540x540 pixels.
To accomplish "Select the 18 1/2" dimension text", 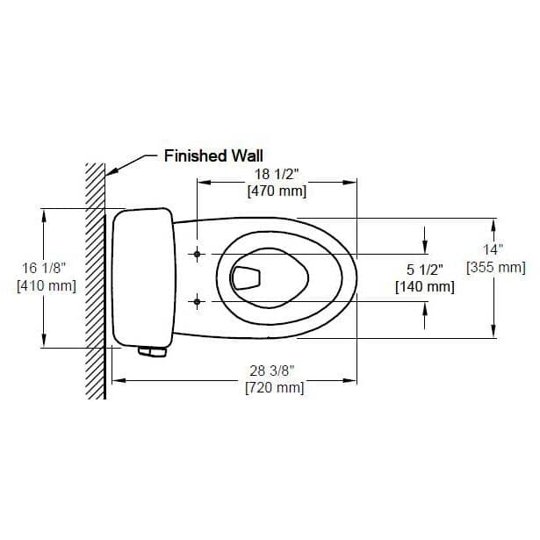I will point(275,175).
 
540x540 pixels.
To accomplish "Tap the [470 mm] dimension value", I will point(275,191).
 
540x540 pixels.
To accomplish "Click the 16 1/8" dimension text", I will point(46,269).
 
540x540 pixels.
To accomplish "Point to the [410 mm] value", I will point(46,285).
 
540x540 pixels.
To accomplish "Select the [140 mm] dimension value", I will point(424,286).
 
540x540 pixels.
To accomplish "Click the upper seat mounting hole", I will point(198,255).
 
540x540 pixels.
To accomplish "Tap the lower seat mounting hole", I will point(198,302).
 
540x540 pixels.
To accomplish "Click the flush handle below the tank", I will point(153,352).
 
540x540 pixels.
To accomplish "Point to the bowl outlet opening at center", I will point(247,277).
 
